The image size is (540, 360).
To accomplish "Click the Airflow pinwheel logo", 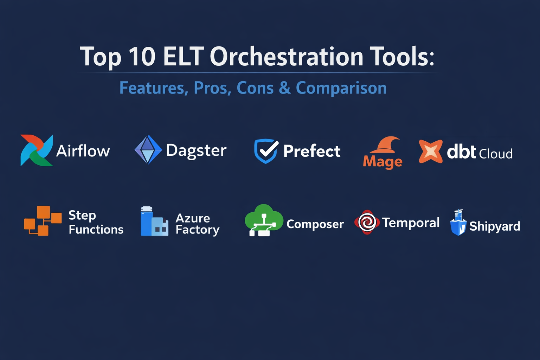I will (x=37, y=150).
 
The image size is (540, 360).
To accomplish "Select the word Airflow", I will (x=83, y=151).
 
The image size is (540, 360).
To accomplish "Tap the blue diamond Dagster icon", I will (x=148, y=150).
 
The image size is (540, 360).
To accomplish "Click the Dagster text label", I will (x=196, y=151).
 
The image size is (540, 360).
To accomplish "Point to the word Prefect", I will (x=312, y=151).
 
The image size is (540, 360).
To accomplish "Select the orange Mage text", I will (x=382, y=162).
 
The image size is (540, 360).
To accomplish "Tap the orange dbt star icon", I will (x=431, y=152).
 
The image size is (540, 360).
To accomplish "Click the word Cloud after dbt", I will (x=496, y=154).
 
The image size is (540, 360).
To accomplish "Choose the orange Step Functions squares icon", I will (x=43, y=221).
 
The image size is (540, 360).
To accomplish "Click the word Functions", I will (x=96, y=230).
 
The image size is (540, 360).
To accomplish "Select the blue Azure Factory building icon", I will (x=154, y=221).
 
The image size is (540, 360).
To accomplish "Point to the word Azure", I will (x=193, y=218).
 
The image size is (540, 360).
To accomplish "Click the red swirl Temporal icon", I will (x=367, y=222).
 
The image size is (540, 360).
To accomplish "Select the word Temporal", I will (x=411, y=223).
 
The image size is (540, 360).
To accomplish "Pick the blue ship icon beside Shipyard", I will (x=458, y=223).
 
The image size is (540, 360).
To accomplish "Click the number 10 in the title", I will (x=142, y=57).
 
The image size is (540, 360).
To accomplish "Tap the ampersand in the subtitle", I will (x=285, y=88).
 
